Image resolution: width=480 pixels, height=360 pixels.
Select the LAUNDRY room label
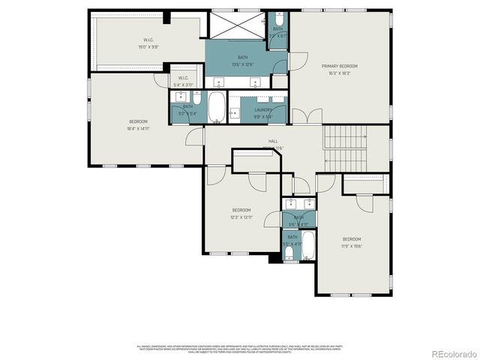262,109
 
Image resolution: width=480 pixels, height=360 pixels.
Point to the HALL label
273,141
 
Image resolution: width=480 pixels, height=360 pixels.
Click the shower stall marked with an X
235,26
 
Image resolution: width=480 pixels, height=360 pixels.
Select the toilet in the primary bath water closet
278,18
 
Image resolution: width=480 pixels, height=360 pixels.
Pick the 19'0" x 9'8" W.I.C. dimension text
148,46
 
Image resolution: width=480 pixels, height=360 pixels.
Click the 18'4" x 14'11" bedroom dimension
138,129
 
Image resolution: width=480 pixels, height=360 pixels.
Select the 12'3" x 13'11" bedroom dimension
241,217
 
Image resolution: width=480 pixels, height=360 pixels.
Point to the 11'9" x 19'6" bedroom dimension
352,245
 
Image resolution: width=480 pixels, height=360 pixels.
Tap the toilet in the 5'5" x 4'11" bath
290,256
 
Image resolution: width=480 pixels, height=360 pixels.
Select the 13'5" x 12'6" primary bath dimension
243,64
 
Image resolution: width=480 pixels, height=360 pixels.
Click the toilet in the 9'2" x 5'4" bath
196,97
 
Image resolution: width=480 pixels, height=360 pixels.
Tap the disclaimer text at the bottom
240,349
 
